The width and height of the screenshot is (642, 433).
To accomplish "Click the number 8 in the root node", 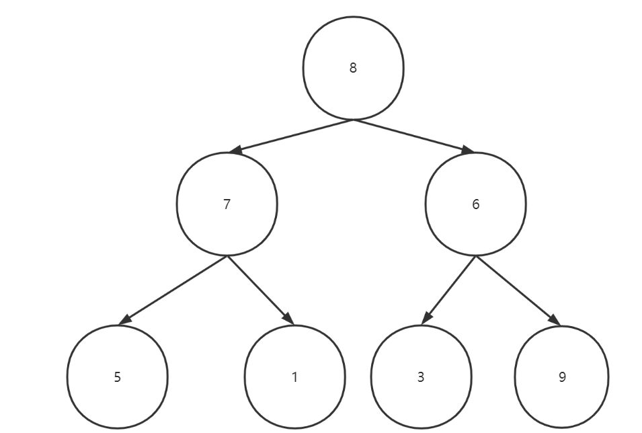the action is coord(353,68).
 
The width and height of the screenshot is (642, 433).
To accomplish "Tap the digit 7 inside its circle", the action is coord(227,204).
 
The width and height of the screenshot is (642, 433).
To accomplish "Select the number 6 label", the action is coord(475,204).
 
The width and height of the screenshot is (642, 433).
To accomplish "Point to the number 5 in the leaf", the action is coord(118,377).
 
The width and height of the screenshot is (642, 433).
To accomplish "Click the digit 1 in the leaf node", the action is coord(294,377).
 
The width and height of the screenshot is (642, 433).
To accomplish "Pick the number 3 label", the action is coord(421,377).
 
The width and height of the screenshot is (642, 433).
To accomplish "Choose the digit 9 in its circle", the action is coord(562,377).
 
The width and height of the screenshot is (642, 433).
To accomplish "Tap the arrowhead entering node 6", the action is coord(468,150).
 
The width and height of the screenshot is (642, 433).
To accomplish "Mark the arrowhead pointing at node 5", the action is coord(125,319).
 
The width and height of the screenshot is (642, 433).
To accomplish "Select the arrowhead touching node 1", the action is coord(288,319).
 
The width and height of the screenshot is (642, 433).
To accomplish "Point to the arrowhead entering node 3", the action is coord(426,318).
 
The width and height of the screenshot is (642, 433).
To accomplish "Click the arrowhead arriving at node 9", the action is coord(555,319).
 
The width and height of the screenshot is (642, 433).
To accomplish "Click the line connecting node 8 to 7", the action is coord(291,136).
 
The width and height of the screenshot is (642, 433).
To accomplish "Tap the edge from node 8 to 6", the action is coord(413,136).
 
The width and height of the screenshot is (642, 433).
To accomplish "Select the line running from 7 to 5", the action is coord(173,290).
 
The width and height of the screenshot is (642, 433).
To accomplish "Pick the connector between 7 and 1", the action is coord(260,290).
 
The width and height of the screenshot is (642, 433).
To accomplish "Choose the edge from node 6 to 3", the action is coord(448,290).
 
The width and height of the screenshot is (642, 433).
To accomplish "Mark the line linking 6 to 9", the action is coord(518,290).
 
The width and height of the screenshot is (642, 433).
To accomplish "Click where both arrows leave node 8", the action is coord(354,120).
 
